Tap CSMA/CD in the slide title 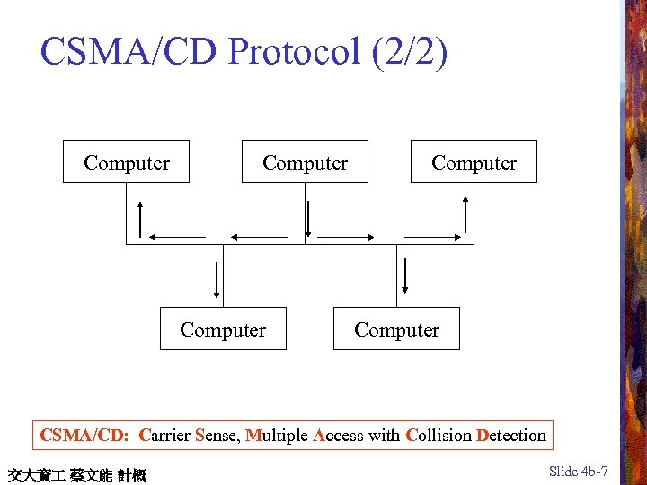pos(129,52)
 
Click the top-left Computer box pos(126,163)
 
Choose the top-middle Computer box pos(305,163)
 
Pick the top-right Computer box pos(474,163)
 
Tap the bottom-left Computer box pos(223,330)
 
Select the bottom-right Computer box pos(396,330)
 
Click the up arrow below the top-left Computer pos(140,216)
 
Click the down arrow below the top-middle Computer pos(308,218)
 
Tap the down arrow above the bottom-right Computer pos(405,276)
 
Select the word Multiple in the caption pos(277,436)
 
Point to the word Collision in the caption pos(439,436)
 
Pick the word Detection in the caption pos(511,436)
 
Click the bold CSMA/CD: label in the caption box pos(85,436)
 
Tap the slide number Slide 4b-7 pos(579,472)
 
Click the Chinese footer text pos(76,474)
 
